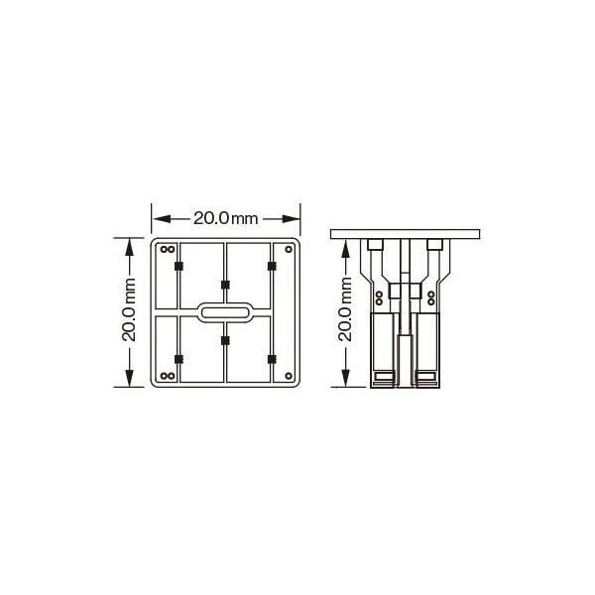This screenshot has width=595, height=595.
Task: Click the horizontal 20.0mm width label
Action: coord(226,216)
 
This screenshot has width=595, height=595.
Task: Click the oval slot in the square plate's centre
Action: coord(225,311)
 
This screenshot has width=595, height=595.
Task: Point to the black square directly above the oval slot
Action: coord(225,286)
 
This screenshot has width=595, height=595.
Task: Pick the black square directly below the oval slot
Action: coord(225,340)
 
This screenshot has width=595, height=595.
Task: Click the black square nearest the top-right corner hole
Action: coord(273,266)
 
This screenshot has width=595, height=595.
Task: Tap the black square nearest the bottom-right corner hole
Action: coord(273,357)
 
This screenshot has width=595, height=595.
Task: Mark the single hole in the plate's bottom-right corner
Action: coord(288,375)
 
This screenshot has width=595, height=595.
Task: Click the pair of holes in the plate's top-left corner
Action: coord(168,248)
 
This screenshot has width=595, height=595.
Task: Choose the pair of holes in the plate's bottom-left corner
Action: coord(168,376)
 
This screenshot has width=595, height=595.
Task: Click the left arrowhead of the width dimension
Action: coord(158,216)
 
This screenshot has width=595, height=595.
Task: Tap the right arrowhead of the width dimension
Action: coord(295,216)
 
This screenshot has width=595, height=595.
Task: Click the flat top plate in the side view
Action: coord(406,233)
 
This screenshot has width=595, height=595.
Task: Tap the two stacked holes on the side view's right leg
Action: coord(430,297)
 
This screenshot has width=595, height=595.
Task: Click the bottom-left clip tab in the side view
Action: coord(382,377)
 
